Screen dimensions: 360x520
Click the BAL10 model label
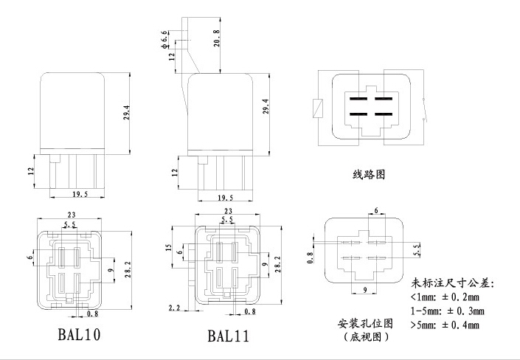(79, 334)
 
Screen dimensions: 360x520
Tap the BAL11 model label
(228, 336)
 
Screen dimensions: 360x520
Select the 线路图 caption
(370, 176)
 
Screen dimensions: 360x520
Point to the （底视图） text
(365, 336)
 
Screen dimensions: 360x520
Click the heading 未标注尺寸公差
(452, 284)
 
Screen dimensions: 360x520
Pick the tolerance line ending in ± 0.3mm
(448, 311)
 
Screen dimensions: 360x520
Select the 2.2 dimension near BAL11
(175, 307)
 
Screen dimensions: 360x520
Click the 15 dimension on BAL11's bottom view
(170, 248)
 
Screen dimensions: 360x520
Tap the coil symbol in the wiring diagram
(317, 107)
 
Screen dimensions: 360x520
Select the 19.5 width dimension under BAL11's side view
(225, 198)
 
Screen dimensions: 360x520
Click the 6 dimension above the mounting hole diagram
(376, 211)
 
